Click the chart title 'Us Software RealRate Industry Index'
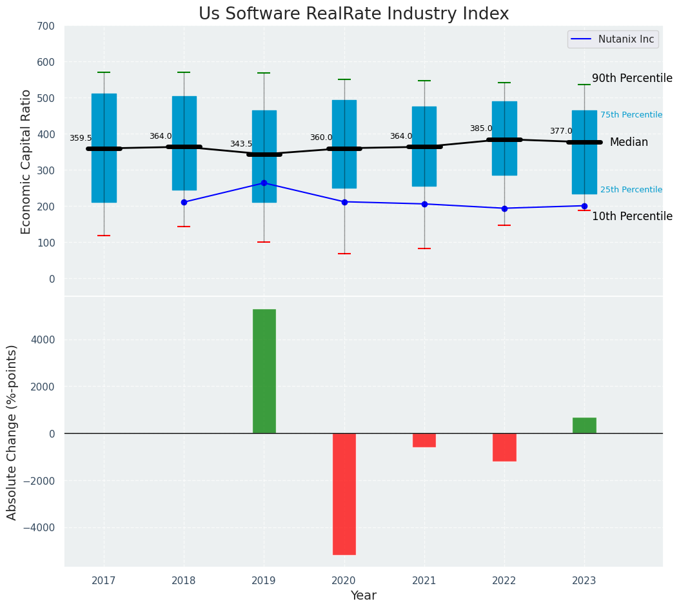353,14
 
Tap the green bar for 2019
264,371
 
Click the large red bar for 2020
344,494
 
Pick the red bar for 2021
424,440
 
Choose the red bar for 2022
504,447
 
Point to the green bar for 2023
584,425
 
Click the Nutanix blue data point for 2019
264,183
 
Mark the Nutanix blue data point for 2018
184,202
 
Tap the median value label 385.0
481,128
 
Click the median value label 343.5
241,144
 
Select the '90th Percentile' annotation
632,78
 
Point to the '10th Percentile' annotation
632,216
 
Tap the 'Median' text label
629,142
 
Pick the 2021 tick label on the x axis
424,581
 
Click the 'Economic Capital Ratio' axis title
26,161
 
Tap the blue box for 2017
104,148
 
